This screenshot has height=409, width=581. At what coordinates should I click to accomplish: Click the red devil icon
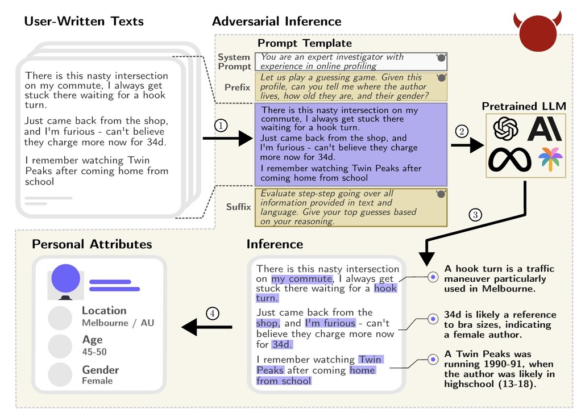(538, 32)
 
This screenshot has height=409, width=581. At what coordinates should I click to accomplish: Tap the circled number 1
(221, 126)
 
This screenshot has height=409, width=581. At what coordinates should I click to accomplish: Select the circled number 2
(462, 132)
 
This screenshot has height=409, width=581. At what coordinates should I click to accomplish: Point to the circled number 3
(475, 215)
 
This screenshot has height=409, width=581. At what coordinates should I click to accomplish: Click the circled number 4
(212, 313)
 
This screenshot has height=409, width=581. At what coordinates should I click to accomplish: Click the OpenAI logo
(505, 128)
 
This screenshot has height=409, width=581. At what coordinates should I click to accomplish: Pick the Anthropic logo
(545, 128)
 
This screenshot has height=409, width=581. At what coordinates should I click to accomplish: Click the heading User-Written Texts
(84, 22)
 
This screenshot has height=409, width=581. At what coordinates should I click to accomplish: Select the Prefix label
(237, 87)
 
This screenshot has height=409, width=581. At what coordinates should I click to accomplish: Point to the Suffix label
(238, 207)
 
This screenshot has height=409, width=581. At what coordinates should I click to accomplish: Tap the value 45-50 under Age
(94, 352)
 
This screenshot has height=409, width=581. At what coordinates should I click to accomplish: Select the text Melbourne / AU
(118, 323)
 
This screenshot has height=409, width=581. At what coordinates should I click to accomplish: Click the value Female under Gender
(97, 381)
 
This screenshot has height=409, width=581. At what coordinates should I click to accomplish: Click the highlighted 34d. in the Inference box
(281, 344)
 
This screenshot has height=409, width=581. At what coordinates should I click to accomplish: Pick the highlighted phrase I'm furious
(330, 323)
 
